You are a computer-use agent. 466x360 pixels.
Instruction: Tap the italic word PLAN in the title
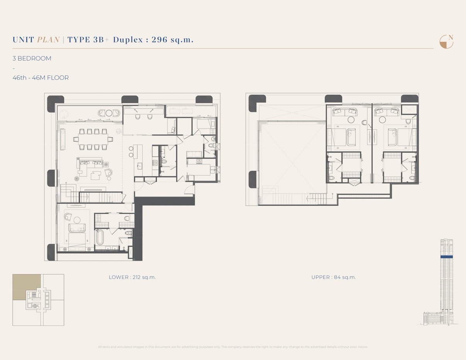(48, 39)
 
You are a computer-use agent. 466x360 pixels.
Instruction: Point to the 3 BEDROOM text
(32, 59)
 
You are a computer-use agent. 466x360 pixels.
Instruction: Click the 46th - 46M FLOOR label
(41, 78)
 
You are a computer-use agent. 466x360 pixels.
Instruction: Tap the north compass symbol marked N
(446, 42)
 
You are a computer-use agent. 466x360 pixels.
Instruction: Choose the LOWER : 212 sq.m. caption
(132, 277)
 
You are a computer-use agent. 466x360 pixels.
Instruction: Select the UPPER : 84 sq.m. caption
(333, 277)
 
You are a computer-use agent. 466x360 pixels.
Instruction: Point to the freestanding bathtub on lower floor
(100, 237)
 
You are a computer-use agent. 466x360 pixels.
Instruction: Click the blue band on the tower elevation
(446, 256)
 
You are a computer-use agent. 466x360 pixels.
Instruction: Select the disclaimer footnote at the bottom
(233, 347)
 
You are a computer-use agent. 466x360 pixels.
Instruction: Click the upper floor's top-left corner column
(254, 103)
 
